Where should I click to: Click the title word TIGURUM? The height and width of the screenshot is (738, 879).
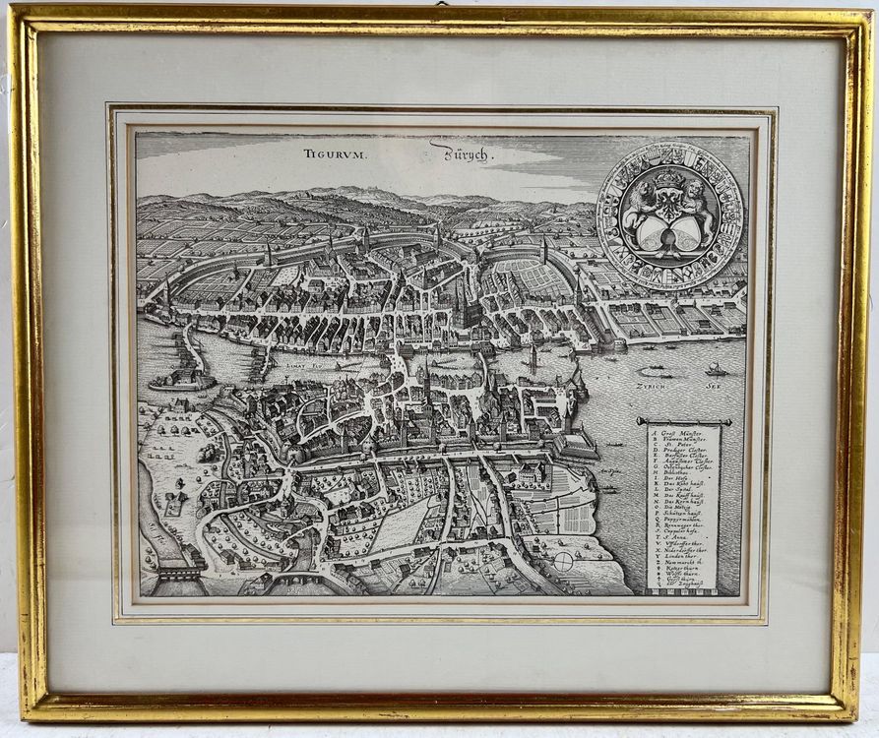pos(334,154)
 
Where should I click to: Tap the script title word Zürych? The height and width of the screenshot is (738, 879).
pos(458,154)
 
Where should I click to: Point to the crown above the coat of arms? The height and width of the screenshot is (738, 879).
pos(670,178)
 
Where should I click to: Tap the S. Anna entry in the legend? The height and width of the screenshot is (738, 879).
pos(680,584)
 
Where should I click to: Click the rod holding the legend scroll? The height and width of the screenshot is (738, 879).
pos(688,421)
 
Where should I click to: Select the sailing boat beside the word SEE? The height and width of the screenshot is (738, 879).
pos(716,369)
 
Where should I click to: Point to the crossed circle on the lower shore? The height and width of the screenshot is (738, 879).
pos(563,561)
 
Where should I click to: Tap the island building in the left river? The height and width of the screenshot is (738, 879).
pos(183,375)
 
